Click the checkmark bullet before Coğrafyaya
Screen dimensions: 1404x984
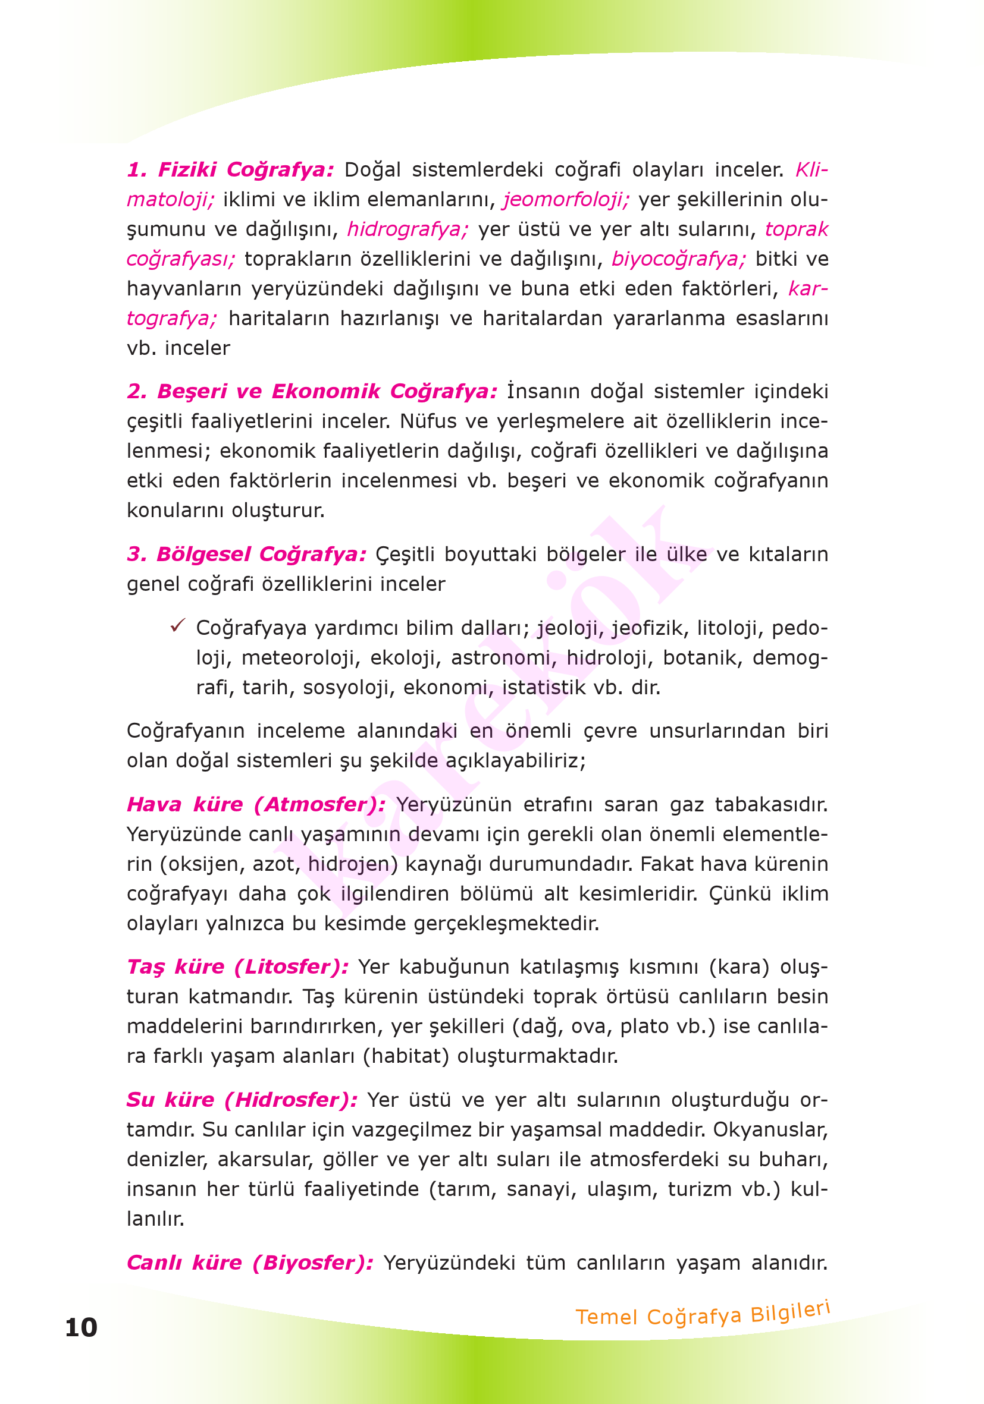(177, 625)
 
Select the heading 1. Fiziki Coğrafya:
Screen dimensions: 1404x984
(230, 169)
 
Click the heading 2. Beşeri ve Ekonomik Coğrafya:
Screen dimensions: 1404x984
(312, 391)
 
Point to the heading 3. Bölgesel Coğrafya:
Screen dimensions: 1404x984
(246, 553)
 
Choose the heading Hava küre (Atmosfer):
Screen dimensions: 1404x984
(256, 804)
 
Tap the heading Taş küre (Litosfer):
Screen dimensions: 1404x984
(237, 966)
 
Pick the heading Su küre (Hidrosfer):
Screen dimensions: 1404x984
(242, 1100)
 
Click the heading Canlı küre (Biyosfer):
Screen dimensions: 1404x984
(250, 1262)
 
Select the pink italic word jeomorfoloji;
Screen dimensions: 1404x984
(566, 199)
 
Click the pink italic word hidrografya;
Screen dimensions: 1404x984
(408, 229)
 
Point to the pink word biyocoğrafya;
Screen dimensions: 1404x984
(679, 259)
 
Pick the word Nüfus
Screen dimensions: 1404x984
(428, 421)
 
